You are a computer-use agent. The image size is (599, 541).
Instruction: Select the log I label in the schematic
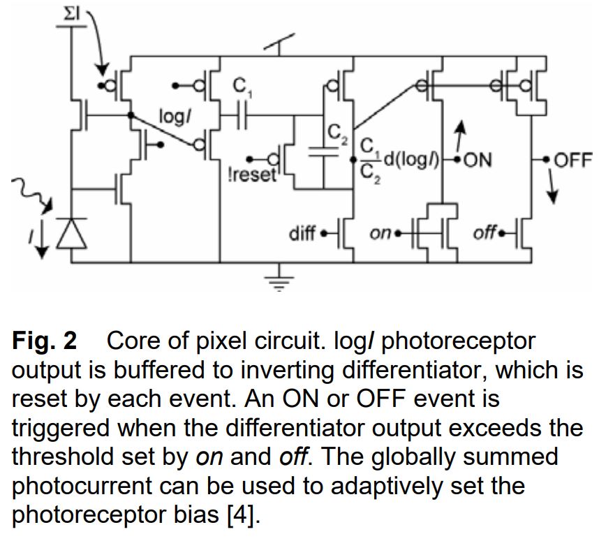click(x=175, y=117)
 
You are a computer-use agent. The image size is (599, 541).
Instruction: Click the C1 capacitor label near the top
click(x=240, y=87)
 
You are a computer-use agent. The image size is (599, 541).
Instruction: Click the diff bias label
click(x=302, y=232)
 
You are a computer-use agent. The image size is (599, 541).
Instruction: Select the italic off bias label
click(x=484, y=232)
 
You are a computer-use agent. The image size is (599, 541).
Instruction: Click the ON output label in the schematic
click(x=478, y=161)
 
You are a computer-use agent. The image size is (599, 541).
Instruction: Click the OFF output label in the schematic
click(x=572, y=161)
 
